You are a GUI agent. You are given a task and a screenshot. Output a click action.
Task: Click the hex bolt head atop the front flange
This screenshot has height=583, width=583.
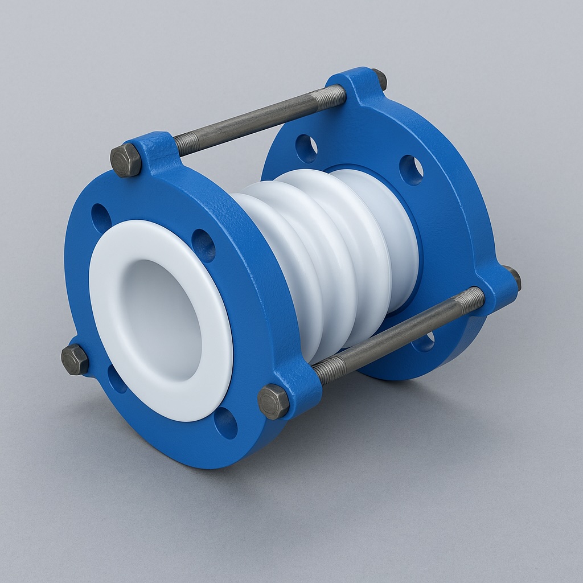[x=126, y=160]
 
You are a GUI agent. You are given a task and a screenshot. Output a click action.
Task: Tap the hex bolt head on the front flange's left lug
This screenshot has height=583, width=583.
[x=75, y=360]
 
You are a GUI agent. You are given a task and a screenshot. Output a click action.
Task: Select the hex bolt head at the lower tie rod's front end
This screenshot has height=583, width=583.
[x=273, y=401]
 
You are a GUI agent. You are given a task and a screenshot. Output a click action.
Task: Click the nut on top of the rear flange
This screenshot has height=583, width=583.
[x=380, y=79]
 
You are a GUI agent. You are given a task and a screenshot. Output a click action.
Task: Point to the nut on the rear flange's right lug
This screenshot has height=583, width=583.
[x=513, y=277]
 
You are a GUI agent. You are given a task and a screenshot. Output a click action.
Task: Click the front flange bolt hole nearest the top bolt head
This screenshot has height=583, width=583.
[x=101, y=218]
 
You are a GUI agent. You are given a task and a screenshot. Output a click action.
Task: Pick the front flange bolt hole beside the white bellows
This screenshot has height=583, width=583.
[x=203, y=245]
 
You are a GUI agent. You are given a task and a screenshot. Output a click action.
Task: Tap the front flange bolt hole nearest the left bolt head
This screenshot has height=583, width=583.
[x=117, y=379]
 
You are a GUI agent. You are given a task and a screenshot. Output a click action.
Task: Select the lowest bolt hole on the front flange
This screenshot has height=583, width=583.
[x=225, y=423]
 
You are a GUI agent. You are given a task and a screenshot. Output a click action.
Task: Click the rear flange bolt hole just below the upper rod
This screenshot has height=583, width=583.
[x=306, y=149]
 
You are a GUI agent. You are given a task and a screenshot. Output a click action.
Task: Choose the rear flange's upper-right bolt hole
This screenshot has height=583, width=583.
[x=410, y=170]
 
